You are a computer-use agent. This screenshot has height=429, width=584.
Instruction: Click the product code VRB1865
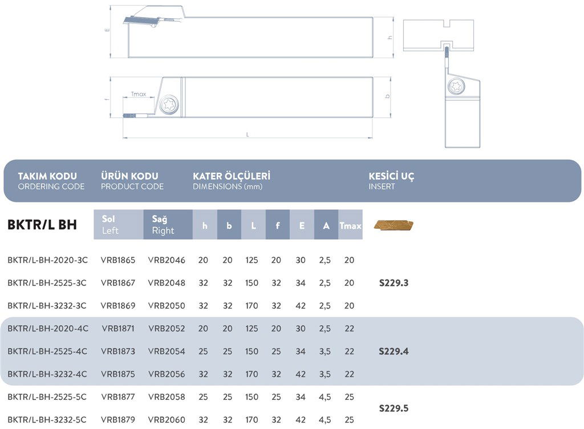coord(118,260)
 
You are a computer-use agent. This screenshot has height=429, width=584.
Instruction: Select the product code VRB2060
coord(167,420)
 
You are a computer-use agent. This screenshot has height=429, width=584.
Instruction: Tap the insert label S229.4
coord(394,351)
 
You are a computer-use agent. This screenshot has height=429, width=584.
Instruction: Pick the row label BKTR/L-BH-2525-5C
coord(47,397)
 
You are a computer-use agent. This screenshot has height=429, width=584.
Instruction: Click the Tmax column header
coord(350,225)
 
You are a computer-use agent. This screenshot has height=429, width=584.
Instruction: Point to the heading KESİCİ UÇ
coord(391,176)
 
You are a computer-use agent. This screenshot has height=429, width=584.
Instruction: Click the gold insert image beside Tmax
coord(394,225)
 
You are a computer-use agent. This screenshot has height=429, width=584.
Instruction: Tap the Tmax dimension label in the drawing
coord(139,94)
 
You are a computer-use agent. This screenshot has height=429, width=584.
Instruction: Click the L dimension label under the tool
coord(247,135)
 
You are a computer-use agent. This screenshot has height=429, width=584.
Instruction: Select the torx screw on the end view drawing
coord(456,87)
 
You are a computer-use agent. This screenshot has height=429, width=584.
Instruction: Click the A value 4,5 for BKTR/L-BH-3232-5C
coord(326,420)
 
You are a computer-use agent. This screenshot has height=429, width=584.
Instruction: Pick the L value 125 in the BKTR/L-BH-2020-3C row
coord(252,260)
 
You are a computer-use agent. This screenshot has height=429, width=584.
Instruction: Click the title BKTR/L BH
coord(42,225)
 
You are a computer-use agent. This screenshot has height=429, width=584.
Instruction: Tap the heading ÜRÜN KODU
coord(129,176)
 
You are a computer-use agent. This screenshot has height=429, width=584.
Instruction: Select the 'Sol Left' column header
coord(118,225)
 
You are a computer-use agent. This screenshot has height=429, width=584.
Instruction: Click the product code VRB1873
coord(118,351)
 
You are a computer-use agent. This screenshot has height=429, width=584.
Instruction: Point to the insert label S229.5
coord(394,408)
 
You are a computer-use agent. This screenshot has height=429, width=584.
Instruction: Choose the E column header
coord(301,225)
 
